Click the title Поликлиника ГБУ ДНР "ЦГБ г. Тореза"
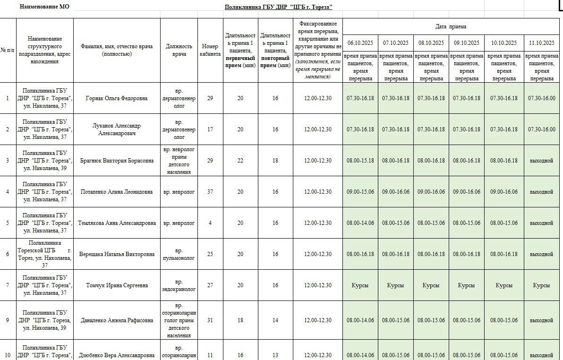[x=278, y=7]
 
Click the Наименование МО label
[x=44, y=7]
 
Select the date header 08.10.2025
[x=431, y=43]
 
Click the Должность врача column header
[x=179, y=50]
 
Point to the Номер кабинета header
[x=210, y=50]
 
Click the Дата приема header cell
[x=451, y=26]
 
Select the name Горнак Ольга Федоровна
[x=116, y=98]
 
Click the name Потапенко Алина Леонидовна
[x=116, y=192]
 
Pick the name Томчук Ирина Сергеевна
[x=116, y=285]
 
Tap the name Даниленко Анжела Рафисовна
[x=116, y=320]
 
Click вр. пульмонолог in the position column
[x=179, y=254]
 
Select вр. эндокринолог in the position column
[x=179, y=285]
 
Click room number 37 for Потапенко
[x=210, y=192]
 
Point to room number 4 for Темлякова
[x=210, y=223]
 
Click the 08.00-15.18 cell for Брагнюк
[x=360, y=161]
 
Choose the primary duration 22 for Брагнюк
[x=240, y=161]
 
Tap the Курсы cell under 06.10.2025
[x=360, y=285]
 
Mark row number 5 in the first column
[x=8, y=223]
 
